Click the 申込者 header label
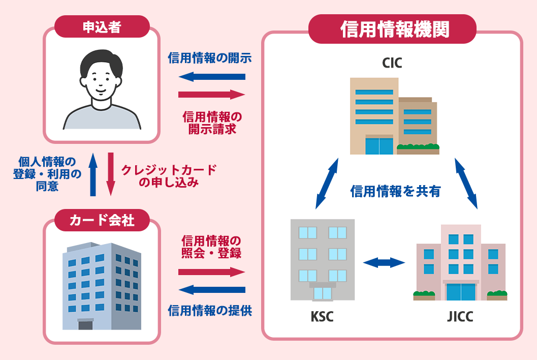point(102,26)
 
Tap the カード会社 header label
point(102,220)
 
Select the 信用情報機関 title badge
point(392,29)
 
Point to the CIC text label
point(392,64)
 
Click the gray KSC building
point(322,259)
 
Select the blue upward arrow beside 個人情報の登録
point(92,175)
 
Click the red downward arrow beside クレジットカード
point(110,175)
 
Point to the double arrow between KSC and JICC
point(384,263)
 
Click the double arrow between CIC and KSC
point(327,183)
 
